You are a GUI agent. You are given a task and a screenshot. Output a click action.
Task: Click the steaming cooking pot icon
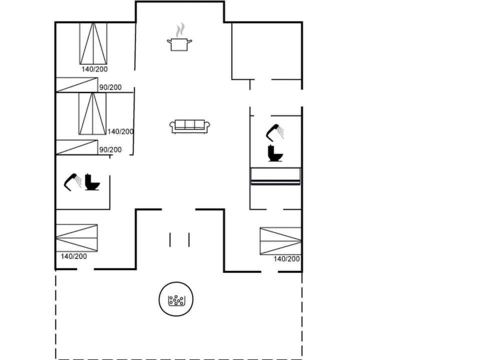pos(179,43)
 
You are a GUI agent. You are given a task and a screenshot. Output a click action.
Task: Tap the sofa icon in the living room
pos(189,126)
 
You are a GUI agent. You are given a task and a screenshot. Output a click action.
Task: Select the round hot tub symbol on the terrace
pos(176,300)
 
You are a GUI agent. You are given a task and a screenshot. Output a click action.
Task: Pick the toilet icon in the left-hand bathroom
pos(92,182)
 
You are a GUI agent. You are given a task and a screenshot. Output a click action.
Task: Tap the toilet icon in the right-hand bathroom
pos(275,153)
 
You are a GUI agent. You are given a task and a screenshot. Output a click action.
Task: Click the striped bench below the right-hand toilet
pos(275,176)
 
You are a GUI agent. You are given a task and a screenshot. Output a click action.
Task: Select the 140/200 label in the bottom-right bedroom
pos(286,259)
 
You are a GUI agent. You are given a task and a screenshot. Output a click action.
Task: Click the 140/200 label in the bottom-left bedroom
pos(73,256)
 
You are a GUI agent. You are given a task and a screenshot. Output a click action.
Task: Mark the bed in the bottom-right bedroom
pos(280,241)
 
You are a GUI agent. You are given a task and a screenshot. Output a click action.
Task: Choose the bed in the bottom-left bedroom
pos(76,238)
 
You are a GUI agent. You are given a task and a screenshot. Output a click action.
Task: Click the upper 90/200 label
pos(110,87)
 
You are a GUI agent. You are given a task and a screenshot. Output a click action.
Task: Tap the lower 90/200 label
pos(110,149)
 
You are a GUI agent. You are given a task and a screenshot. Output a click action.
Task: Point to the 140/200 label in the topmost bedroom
pos(94,69)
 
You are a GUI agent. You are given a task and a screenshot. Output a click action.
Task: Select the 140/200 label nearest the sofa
pos(120,131)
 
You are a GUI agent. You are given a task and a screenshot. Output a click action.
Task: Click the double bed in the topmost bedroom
pos(93,43)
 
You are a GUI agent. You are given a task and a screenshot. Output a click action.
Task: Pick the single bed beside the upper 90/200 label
pos(76,84)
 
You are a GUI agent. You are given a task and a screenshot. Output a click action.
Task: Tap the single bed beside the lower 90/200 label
pos(76,147)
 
